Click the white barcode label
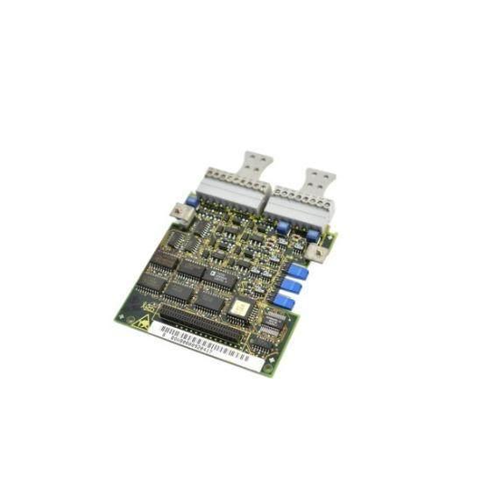pos(207,344)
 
